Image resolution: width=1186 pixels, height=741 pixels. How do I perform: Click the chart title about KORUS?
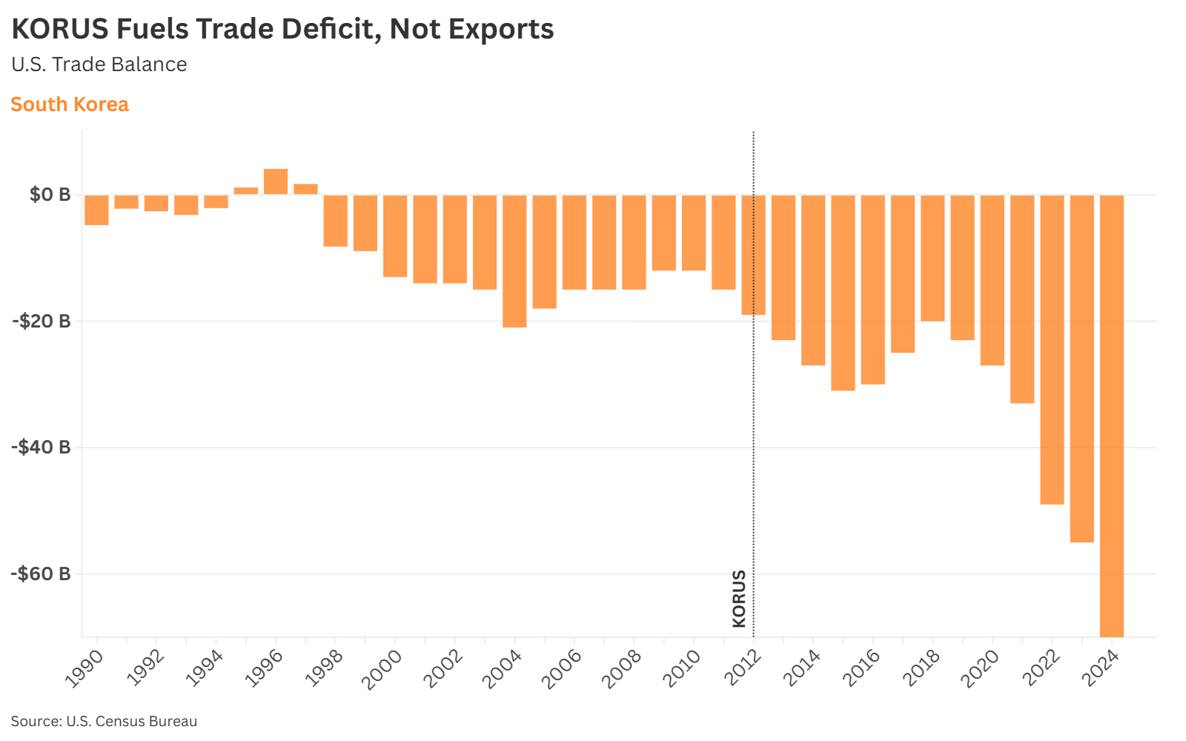pos(282,30)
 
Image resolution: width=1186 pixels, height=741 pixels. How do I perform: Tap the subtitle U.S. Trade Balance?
pos(99,64)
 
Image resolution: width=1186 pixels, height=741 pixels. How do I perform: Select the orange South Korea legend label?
pos(70,104)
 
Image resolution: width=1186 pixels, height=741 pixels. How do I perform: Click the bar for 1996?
pos(276,182)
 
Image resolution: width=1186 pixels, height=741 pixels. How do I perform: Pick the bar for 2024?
pos(1112,415)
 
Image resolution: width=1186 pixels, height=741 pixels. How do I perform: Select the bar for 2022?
pos(1052,349)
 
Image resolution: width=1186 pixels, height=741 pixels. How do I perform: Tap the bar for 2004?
pos(514,261)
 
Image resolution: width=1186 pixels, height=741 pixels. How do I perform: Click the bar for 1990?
pos(96,210)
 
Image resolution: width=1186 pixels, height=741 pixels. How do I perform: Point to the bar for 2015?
pos(843,293)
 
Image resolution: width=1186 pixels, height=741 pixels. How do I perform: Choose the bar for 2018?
pos(932,258)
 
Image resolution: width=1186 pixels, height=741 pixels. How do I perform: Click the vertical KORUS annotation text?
pos(739,599)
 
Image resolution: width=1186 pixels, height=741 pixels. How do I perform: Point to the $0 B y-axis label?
pos(50,195)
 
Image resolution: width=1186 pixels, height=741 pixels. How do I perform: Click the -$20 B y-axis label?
pos(42,322)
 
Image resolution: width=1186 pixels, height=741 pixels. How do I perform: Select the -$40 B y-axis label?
pos(42,448)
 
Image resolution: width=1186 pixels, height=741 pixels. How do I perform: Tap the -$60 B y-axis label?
pos(42,574)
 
